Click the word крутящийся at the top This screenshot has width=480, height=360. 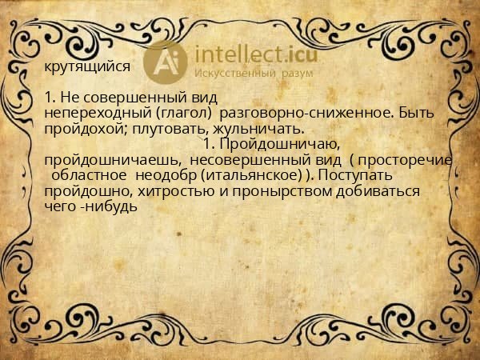point(86,66)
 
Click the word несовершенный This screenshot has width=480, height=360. point(250,159)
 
